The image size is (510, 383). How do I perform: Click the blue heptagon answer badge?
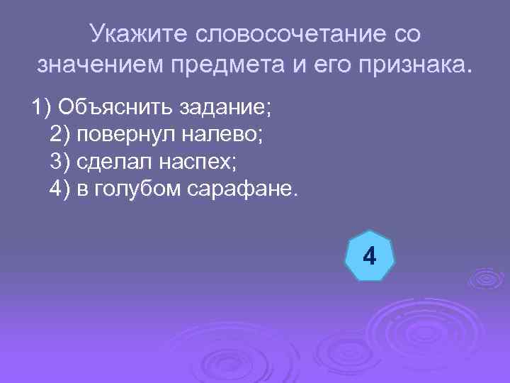[x=368, y=255]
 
